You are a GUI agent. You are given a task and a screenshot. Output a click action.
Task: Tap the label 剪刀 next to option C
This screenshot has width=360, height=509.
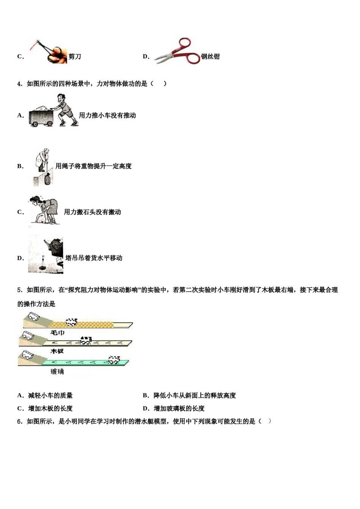(75, 57)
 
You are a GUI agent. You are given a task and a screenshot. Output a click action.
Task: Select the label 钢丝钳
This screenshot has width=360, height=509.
(210, 57)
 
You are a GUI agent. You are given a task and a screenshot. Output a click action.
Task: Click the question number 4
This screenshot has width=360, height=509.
(20, 84)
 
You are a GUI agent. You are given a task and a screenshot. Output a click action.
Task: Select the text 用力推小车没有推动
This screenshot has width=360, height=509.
(107, 116)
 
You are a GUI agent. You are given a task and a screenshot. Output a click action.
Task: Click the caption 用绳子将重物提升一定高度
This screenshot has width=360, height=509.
(94, 166)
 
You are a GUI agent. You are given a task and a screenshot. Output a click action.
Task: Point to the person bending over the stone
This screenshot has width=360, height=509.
(44, 210)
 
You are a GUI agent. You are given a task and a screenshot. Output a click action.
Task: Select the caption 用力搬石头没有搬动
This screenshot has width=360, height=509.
(92, 212)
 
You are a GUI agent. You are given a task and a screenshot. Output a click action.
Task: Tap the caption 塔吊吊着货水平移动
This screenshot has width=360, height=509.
(94, 258)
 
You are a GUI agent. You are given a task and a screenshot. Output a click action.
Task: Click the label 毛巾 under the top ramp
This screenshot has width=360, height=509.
(57, 333)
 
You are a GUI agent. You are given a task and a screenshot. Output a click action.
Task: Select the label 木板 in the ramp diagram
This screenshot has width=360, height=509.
(57, 351)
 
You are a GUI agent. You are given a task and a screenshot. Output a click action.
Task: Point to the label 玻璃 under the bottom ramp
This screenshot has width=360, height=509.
(57, 372)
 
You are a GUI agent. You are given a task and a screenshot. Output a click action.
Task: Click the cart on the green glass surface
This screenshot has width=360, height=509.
(114, 359)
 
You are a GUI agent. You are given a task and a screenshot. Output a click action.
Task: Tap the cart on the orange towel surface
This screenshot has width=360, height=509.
(72, 322)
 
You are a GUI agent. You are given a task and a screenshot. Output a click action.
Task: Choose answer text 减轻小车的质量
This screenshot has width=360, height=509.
(50, 396)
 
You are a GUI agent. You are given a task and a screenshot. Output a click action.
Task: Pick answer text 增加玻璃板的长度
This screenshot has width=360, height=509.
(179, 409)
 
